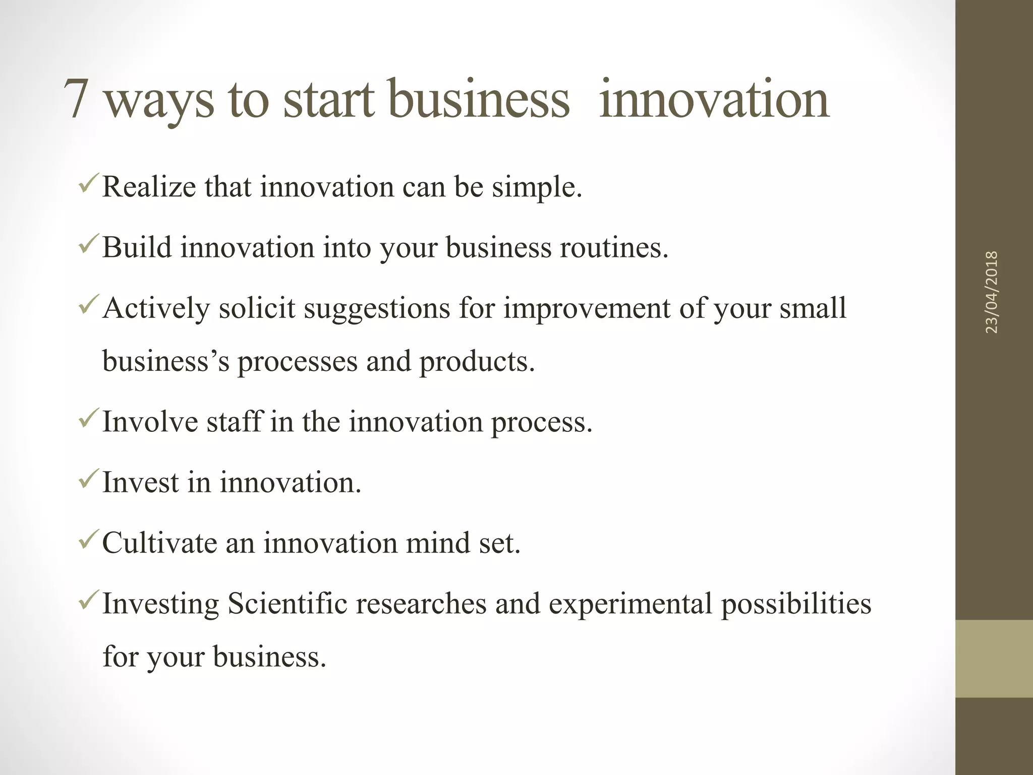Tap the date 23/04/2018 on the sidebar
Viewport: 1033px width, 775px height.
pos(992,292)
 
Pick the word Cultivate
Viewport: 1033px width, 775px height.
pos(159,543)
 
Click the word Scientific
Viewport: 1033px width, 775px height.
pos(288,603)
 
